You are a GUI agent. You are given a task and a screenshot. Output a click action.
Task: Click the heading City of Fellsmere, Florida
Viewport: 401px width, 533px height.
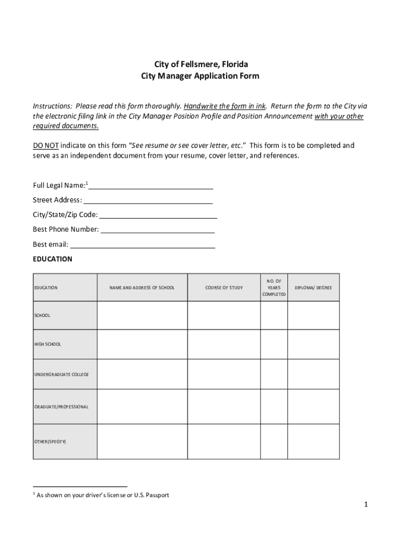tap(200, 65)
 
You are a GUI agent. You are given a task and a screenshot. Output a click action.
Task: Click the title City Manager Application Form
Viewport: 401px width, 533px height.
tap(200, 76)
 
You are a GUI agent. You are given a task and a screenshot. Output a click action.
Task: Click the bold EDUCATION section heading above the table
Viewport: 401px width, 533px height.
tap(53, 259)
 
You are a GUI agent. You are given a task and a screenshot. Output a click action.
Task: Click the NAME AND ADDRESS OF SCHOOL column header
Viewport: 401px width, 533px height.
tap(142, 288)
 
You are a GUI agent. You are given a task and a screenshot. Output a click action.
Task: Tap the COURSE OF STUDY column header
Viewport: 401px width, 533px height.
tap(224, 288)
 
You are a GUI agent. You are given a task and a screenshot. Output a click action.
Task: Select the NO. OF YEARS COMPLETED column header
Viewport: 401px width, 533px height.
tap(274, 288)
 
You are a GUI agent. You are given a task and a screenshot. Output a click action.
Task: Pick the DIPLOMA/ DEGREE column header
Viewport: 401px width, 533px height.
tap(313, 288)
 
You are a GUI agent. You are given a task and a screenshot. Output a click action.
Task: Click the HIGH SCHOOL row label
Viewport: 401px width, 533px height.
tap(47, 344)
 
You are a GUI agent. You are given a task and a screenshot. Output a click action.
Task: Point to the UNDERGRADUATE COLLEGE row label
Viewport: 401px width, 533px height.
tap(61, 374)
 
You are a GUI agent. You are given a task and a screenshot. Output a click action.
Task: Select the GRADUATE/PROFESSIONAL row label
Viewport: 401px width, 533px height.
tap(61, 407)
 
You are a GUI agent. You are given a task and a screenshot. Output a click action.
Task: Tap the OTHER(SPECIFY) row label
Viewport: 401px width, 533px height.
tap(51, 441)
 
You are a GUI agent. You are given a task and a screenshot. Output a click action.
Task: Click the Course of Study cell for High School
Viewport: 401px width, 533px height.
tap(224, 344)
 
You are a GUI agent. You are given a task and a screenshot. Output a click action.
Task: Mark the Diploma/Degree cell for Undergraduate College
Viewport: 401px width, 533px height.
tap(313, 374)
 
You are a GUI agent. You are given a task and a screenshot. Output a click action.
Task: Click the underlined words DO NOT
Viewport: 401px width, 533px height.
tap(46, 145)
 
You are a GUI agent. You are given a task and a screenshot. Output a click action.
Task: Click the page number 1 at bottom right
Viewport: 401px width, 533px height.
tap(366, 504)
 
